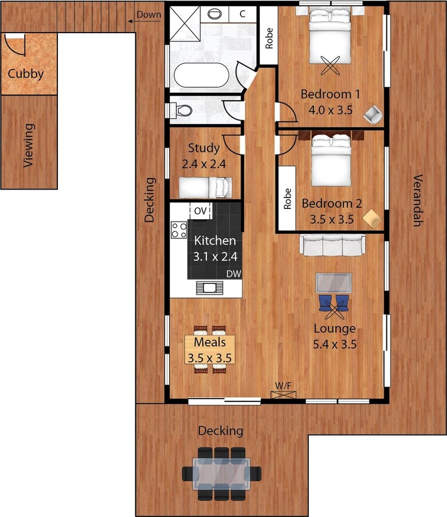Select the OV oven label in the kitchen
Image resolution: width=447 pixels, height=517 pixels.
click(200, 211)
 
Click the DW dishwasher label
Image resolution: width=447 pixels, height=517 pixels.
click(233, 274)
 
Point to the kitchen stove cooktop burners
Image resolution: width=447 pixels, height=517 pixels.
click(179, 230)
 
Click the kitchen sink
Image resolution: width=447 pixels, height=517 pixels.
click(207, 287)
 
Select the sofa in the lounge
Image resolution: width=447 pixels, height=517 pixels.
click(333, 245)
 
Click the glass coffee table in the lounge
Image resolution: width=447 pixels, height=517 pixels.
click(334, 283)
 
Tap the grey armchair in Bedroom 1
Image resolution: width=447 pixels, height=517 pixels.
click(372, 115)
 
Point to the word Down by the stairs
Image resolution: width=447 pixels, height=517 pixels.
click(148, 14)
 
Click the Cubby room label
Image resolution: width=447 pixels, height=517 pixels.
click(25, 74)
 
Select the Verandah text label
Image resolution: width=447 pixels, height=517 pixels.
click(417, 200)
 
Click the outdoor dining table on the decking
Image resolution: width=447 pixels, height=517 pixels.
click(221, 473)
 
